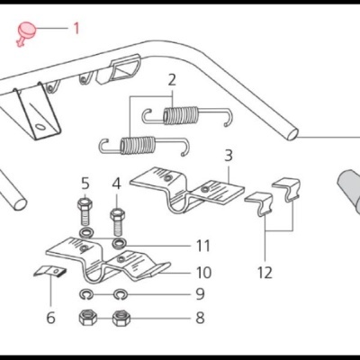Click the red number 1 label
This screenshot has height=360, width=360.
coord(76,28)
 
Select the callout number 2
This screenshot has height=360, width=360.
coord(171,79)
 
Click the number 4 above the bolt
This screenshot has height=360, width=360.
coord(116,184)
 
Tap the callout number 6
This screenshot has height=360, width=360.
coord(50,317)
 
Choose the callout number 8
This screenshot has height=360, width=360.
coord(199,317)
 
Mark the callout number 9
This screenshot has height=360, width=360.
coord(199,293)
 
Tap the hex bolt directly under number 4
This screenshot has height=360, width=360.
coord(117,219)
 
